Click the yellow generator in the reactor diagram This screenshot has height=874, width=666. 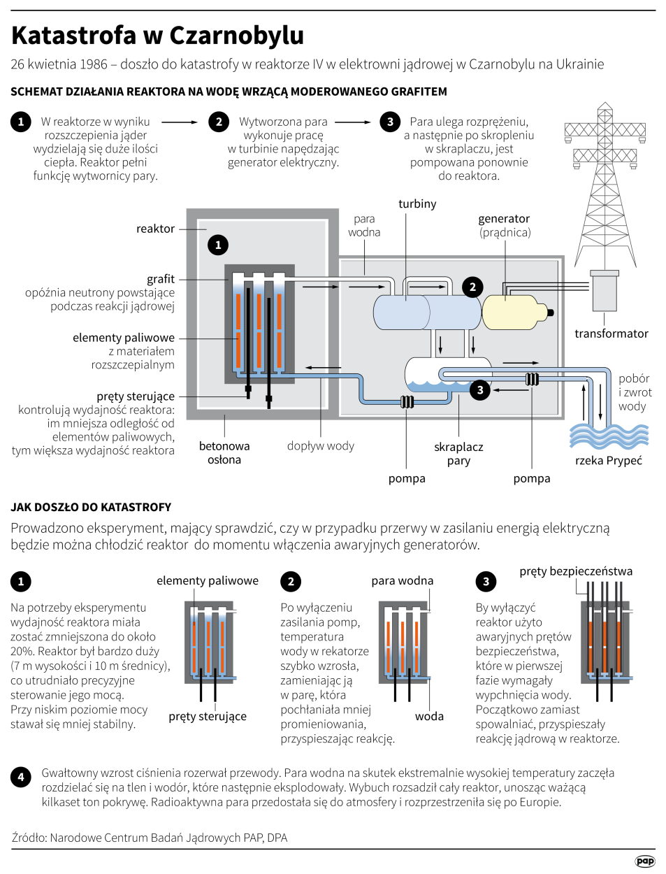[x=514, y=313]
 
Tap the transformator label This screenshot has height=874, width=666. [x=611, y=334]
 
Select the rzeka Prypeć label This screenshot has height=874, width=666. [x=608, y=460]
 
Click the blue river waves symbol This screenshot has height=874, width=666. [x=609, y=436]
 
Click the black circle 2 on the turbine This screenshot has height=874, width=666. [x=472, y=287]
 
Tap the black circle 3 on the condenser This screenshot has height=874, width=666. [x=479, y=390]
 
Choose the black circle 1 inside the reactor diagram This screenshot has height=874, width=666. [x=218, y=245]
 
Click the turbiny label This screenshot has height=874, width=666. [x=417, y=203]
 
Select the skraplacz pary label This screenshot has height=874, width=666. [x=458, y=453]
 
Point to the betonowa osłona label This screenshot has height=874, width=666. [x=224, y=452]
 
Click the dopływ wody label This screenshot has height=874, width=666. [x=321, y=445]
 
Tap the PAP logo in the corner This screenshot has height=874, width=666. [x=645, y=861]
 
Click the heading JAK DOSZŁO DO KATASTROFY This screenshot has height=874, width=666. [x=91, y=507]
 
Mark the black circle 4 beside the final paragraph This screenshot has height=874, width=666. [x=21, y=777]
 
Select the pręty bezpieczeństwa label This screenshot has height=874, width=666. [x=576, y=571]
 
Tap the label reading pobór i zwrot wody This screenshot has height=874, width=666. [x=635, y=392]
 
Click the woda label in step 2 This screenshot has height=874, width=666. [x=429, y=716]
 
